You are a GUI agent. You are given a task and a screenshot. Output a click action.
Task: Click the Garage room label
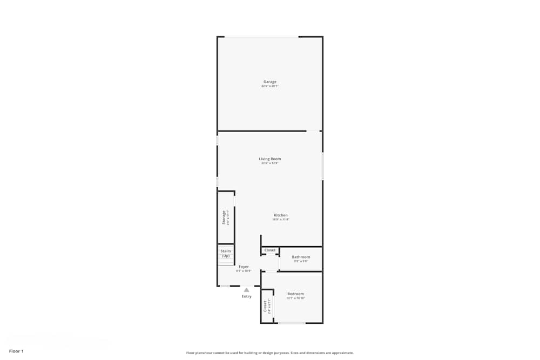(x=269, y=81)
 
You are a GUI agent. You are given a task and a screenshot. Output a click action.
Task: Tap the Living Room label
(x=269, y=159)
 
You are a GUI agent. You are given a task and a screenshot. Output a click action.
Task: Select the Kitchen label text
(x=280, y=215)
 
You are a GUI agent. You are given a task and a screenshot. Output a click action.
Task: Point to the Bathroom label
(x=301, y=257)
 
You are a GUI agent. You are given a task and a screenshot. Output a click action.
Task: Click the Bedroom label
(x=295, y=294)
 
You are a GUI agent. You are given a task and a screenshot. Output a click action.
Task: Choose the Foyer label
(x=244, y=267)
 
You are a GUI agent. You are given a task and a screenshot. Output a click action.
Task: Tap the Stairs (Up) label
(x=226, y=253)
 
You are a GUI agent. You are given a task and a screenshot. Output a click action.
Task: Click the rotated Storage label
(x=224, y=217)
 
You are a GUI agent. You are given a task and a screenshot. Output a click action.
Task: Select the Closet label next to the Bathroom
(x=269, y=250)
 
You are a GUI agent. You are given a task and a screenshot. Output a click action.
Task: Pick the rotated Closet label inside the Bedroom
(x=265, y=307)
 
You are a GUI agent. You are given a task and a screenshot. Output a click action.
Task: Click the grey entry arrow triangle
(x=246, y=290)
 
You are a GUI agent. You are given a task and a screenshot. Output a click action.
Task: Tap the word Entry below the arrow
(x=246, y=296)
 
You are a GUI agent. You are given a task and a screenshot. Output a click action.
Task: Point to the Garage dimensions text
(x=269, y=86)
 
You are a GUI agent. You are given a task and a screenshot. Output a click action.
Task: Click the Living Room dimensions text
(x=269, y=163)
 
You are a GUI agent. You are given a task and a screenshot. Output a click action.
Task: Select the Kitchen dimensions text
(x=280, y=220)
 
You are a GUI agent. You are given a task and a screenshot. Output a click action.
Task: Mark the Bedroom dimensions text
(x=295, y=298)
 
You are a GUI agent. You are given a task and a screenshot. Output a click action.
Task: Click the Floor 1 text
(x=16, y=351)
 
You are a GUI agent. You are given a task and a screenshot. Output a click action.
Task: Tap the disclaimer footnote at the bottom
(x=269, y=352)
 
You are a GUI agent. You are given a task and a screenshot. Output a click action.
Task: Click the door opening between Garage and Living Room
(x=313, y=131)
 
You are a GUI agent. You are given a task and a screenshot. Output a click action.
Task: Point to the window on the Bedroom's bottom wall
(x=292, y=323)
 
